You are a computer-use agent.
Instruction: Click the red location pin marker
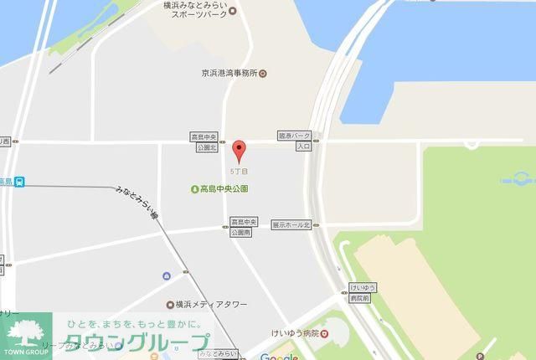pos(240,151)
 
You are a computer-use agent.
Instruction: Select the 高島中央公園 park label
pos(224,189)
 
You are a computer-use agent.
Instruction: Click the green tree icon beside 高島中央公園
pos(194,189)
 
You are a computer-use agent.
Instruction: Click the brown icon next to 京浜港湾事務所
pos(263,74)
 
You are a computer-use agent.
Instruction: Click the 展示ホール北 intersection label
pos(291,225)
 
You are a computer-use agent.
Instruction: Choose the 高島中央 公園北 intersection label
pos(207,141)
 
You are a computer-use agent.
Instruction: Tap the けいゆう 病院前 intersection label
pos(363,292)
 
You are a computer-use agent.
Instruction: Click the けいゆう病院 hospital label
pos(294,334)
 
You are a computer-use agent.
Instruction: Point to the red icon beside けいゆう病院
pos(324,334)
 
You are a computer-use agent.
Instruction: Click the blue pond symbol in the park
pos(517,177)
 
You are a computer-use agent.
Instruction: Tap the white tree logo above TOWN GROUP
pos(25,330)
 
